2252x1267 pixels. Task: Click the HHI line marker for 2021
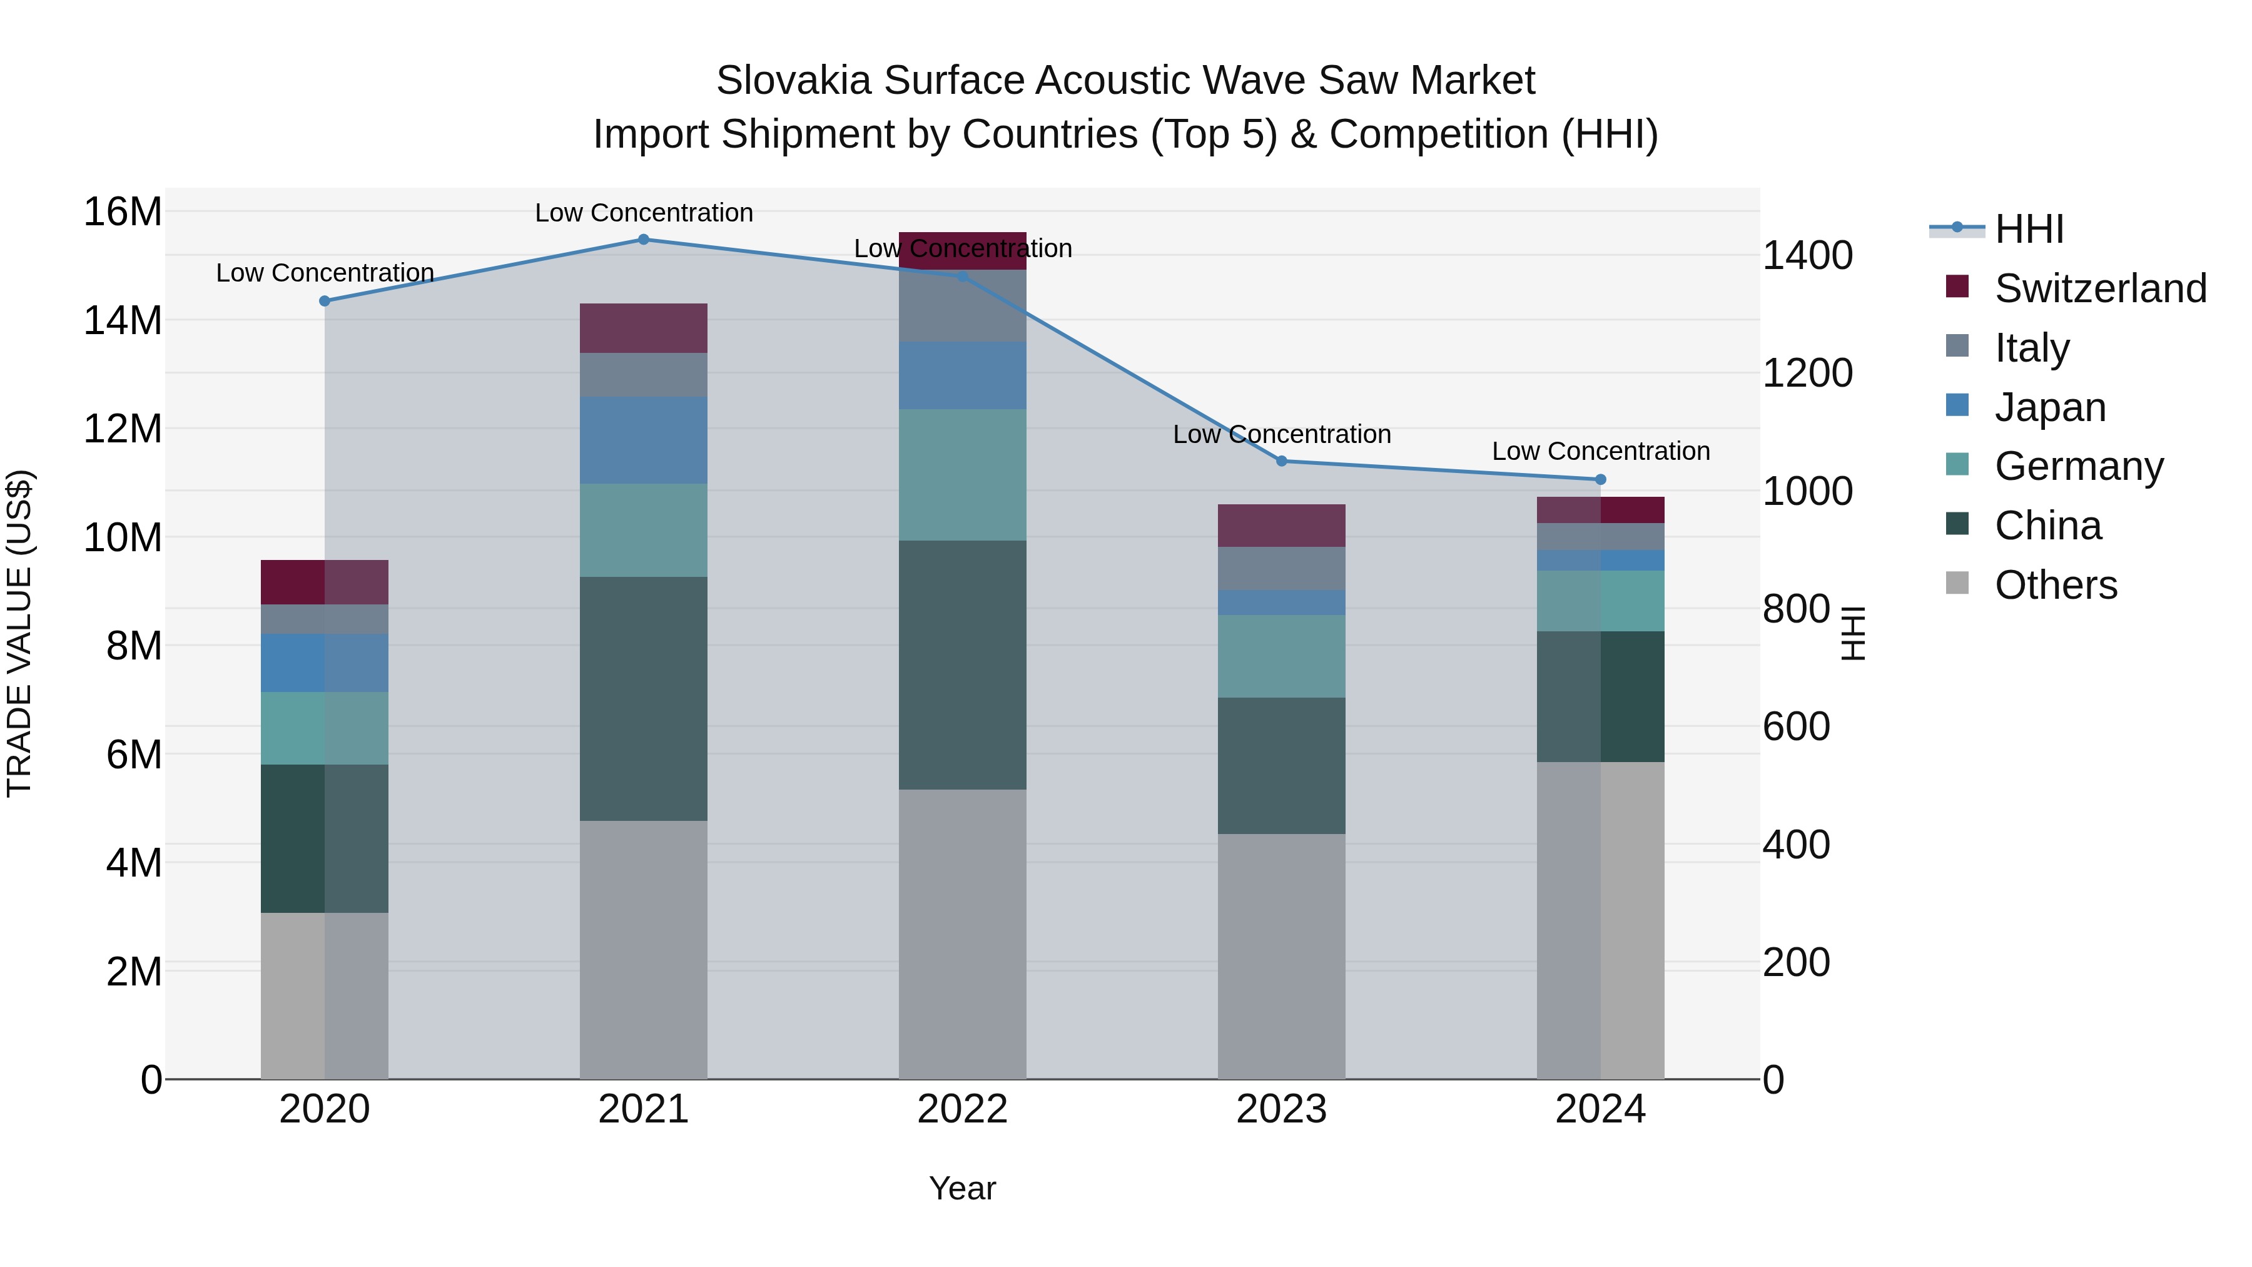pyautogui.click(x=644, y=240)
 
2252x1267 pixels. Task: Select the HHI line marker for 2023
pyautogui.click(x=1282, y=460)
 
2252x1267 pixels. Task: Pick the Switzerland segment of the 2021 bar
pyautogui.click(x=644, y=328)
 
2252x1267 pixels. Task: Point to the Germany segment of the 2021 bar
pyautogui.click(x=644, y=530)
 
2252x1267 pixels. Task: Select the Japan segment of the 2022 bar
pyautogui.click(x=963, y=375)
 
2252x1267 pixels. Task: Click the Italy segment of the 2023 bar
pyautogui.click(x=1282, y=568)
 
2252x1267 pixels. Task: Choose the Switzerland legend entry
pyautogui.click(x=2100, y=288)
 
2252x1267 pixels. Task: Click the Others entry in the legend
pyautogui.click(x=2056, y=585)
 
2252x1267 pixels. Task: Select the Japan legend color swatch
pyautogui.click(x=1957, y=405)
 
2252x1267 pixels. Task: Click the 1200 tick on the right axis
pyautogui.click(x=1806, y=374)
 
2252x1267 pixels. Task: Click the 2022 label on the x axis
pyautogui.click(x=963, y=1109)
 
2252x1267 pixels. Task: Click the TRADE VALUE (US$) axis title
pyautogui.click(x=19, y=633)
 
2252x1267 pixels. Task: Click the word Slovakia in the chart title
pyautogui.click(x=794, y=81)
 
